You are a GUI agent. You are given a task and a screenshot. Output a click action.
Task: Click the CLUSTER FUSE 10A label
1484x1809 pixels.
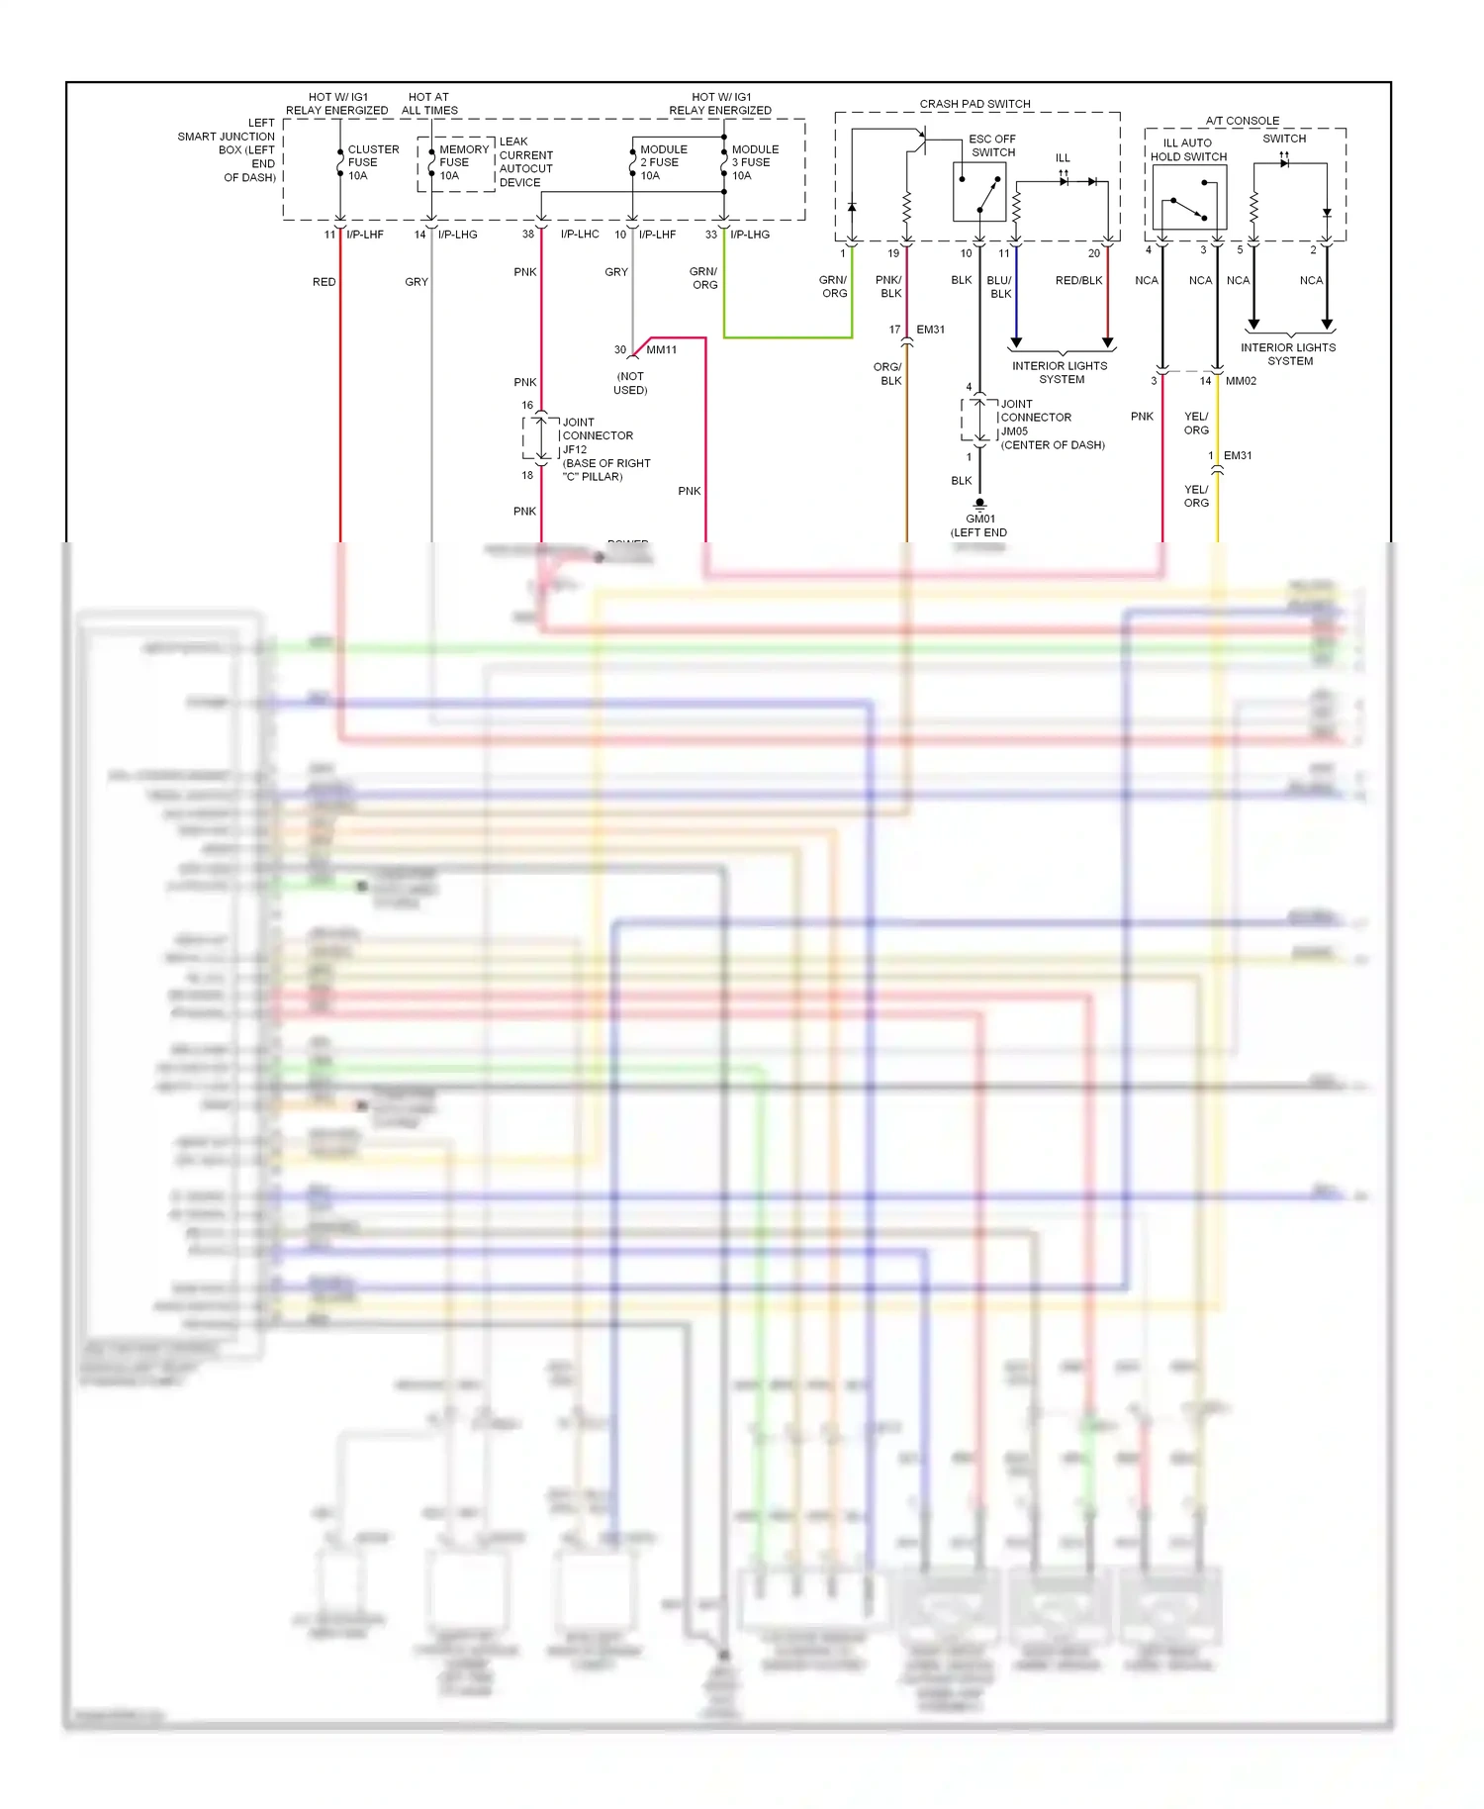pos(372,162)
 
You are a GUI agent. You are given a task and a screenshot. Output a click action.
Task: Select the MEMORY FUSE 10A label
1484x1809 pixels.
pos(462,162)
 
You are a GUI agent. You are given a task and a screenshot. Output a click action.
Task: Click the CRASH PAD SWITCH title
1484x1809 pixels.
pos(974,104)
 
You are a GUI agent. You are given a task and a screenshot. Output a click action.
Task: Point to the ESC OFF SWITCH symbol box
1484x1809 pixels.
pos(978,192)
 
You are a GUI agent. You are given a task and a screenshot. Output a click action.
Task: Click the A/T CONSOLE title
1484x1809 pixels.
pos(1242,121)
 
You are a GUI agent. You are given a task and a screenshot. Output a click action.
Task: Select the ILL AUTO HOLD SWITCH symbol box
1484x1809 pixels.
pos(1188,198)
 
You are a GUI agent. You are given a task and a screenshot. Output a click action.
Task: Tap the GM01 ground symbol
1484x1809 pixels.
pos(979,504)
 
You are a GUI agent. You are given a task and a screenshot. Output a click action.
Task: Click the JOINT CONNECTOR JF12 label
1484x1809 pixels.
pos(597,435)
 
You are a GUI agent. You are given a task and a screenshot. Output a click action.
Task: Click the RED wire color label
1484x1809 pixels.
pos(324,282)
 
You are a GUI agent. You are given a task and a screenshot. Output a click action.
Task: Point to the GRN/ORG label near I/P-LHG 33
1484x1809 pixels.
pos(703,278)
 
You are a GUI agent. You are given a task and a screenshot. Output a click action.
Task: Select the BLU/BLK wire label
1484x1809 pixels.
pos(999,287)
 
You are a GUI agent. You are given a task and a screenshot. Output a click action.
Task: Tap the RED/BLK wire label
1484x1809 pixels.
pos(1078,281)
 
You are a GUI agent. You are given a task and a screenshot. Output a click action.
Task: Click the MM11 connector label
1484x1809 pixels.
pos(661,350)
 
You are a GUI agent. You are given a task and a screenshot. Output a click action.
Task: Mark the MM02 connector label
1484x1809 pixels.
pos(1241,381)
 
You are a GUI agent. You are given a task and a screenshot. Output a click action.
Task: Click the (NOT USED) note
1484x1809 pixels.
pos(630,383)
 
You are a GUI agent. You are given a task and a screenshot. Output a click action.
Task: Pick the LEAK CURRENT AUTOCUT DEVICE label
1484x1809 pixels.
pos(525,162)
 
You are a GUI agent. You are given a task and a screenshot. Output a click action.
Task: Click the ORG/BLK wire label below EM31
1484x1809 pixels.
pos(887,374)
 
